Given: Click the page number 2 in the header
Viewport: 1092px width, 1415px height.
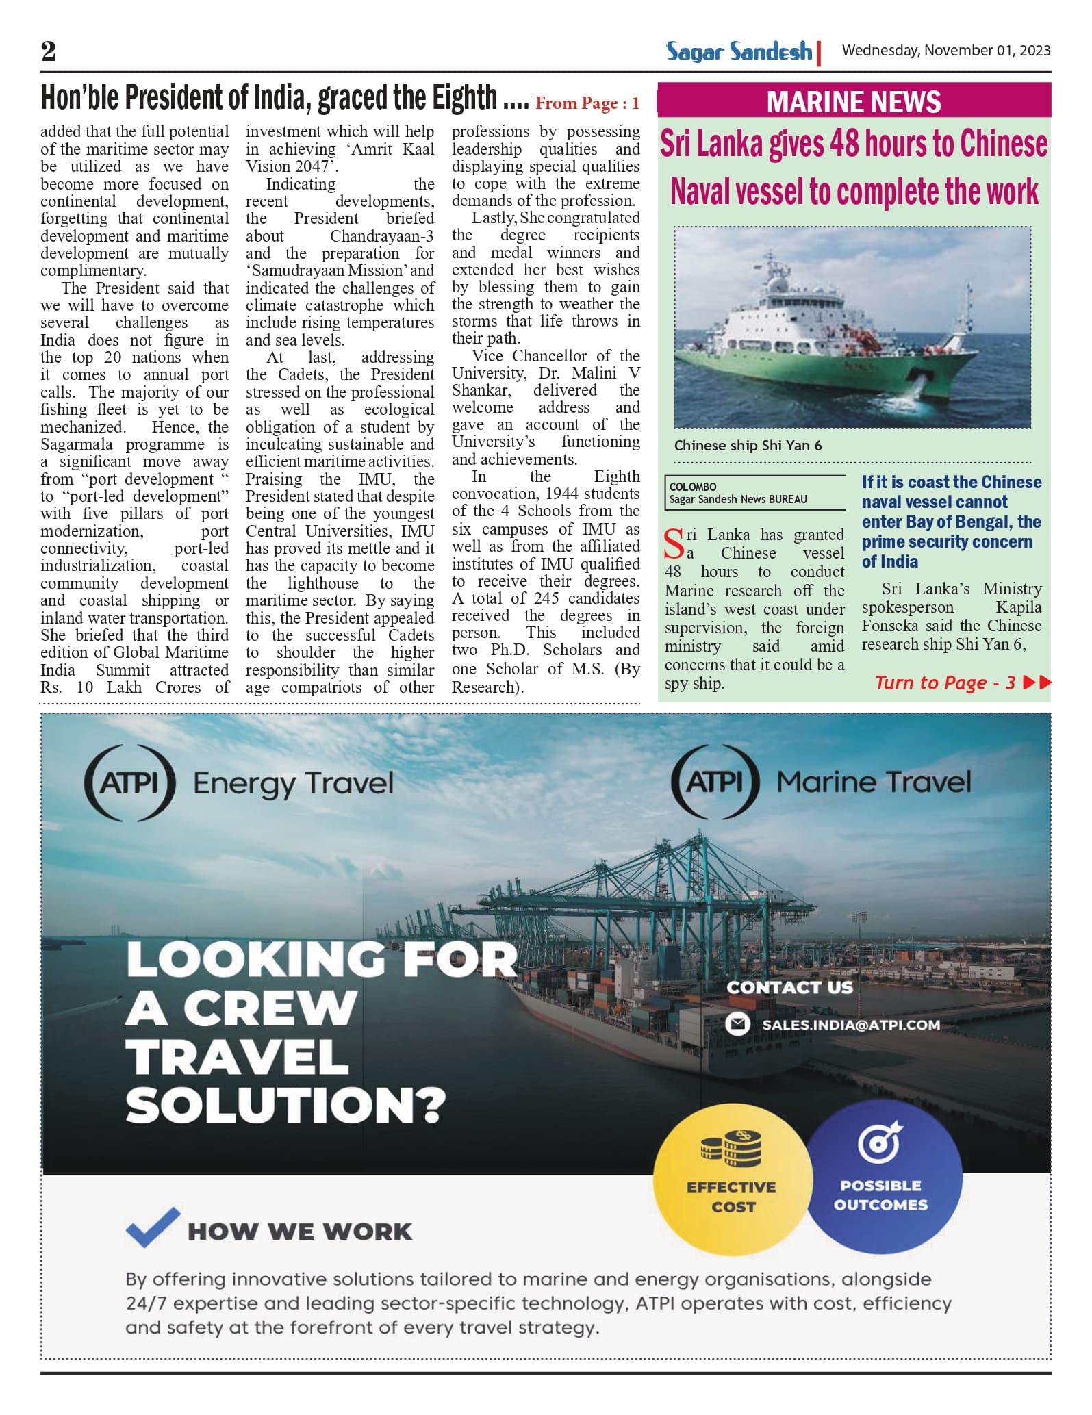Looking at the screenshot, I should [x=48, y=51].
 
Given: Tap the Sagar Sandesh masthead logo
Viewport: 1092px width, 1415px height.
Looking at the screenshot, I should [x=739, y=51].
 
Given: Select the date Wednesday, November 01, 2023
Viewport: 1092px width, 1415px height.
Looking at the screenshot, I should [x=945, y=51].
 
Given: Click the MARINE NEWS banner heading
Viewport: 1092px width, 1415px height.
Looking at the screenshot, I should [x=853, y=101].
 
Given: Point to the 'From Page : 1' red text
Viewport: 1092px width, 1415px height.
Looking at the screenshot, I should [x=587, y=103].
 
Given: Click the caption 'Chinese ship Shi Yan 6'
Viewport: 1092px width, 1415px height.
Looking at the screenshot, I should [x=748, y=446].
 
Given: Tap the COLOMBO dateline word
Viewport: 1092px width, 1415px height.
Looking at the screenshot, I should [x=692, y=487].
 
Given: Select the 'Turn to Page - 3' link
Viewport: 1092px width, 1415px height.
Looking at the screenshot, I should [x=945, y=683].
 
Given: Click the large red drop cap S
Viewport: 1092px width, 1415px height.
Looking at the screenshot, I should [x=674, y=544].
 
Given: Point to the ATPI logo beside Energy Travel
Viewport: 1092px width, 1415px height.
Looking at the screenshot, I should [x=129, y=782].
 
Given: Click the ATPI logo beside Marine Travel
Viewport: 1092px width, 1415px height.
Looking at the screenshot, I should [x=715, y=782].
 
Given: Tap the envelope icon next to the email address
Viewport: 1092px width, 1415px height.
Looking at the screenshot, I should [x=737, y=1024].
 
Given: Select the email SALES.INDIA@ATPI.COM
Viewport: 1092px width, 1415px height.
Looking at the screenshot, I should [x=850, y=1025].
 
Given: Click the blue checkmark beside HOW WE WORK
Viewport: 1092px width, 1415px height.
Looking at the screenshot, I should [x=153, y=1227].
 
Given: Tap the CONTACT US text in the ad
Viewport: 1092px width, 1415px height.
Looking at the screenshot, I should [x=789, y=987].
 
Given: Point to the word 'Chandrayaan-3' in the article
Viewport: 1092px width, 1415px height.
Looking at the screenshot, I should [x=381, y=236].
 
